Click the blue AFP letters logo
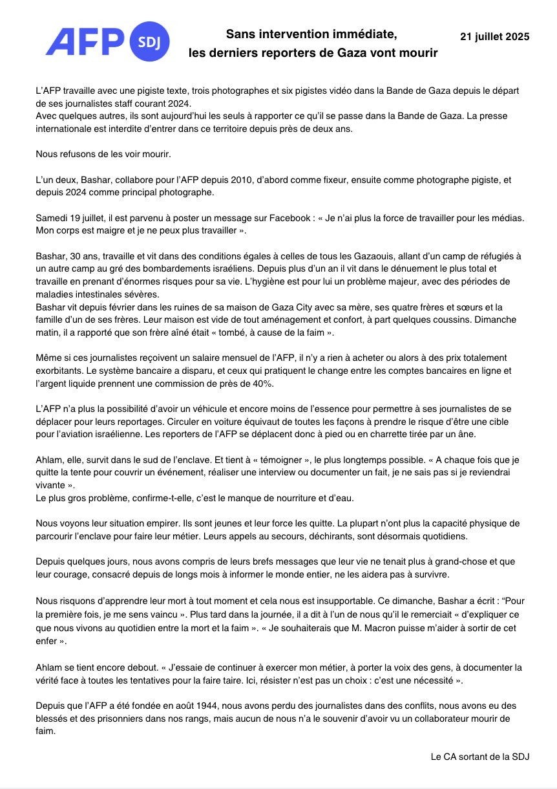(84, 42)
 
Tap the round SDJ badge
(150, 43)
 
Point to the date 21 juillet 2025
(494, 37)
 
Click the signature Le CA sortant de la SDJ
(480, 756)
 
